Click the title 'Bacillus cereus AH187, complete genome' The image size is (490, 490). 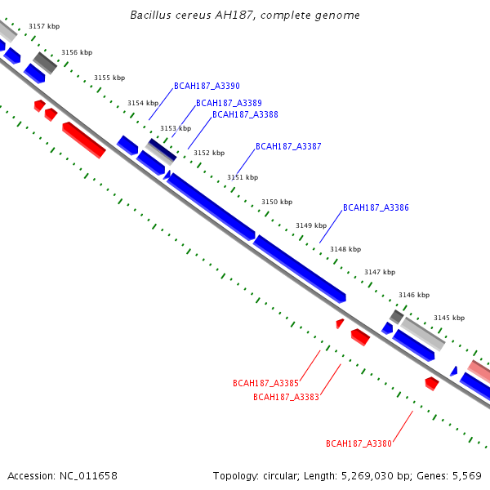tap(245, 16)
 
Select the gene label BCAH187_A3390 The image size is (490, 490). tap(207, 86)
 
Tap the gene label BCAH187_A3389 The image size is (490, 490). tap(229, 103)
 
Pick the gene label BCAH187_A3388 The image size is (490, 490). tap(245, 114)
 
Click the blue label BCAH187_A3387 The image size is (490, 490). tap(288, 146)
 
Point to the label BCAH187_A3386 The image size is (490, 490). tap(376, 207)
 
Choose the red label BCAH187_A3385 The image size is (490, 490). tap(265, 382)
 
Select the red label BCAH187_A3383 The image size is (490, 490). tap(286, 397)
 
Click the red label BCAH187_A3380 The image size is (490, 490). tap(359, 443)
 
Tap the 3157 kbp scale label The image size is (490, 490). tap(44, 26)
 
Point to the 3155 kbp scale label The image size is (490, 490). tap(109, 78)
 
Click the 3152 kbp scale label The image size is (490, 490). tap(208, 153)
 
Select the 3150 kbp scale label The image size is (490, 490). tap(276, 201)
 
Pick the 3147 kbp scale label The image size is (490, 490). tap(380, 272)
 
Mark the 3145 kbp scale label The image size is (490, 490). tap(449, 318)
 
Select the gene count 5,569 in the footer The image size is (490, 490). tap(467, 475)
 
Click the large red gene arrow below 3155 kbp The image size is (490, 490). tap(84, 140)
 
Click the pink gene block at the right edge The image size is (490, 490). tap(479, 368)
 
